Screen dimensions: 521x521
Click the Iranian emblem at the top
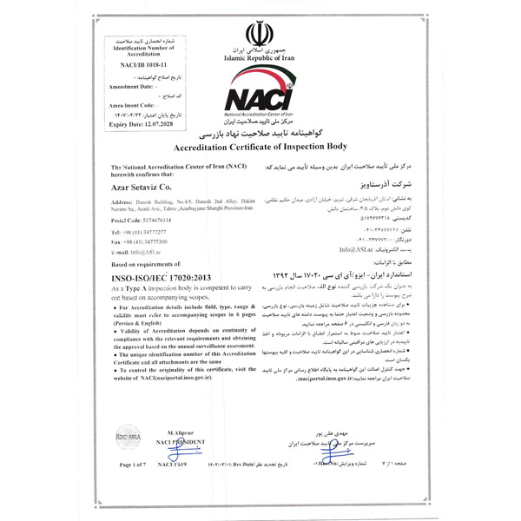[260, 36]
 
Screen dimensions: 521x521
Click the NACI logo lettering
[259, 98]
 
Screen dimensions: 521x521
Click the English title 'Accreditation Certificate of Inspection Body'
[260, 148]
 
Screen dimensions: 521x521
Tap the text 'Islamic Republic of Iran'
[260, 58]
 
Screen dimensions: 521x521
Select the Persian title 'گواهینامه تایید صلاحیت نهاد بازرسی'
[260, 137]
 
